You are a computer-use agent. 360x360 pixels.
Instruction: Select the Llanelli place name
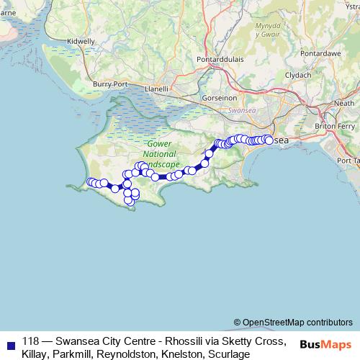156,89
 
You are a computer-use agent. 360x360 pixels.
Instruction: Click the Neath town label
345,103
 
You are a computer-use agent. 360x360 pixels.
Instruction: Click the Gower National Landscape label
154,154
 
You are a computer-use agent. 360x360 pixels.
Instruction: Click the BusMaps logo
325,344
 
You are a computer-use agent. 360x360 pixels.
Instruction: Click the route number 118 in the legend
31,341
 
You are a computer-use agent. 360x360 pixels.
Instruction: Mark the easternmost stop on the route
269,140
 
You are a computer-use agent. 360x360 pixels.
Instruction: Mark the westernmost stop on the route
90,181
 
